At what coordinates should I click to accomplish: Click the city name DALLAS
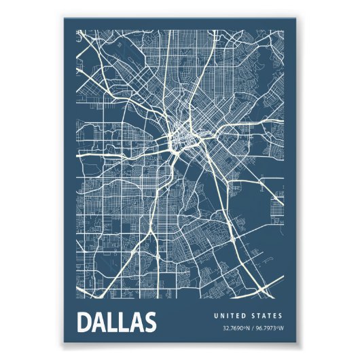tap(117, 322)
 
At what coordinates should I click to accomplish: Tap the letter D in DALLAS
tap(86, 322)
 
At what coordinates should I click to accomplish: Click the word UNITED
tap(230, 316)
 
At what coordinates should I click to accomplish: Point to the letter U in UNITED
tap(216, 316)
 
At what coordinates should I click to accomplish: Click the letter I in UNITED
tap(228, 316)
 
